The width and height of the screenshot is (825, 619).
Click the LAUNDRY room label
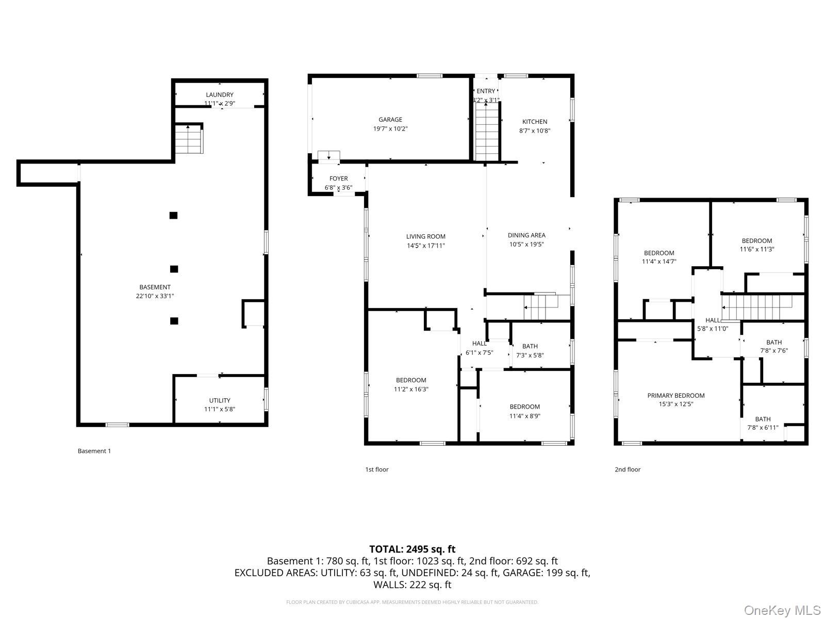tap(220, 95)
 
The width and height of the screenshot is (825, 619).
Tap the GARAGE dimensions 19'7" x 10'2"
tap(390, 129)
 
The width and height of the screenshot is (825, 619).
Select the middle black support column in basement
tap(174, 269)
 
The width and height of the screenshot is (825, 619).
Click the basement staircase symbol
tap(189, 139)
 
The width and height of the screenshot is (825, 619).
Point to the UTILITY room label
tap(220, 400)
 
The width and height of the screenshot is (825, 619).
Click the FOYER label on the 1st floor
tap(338, 178)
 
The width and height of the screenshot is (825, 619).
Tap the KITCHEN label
tap(535, 122)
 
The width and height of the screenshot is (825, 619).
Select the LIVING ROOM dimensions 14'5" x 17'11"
tap(425, 246)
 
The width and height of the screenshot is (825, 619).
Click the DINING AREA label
tap(526, 235)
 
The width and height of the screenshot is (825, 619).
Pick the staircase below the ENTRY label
tap(487, 132)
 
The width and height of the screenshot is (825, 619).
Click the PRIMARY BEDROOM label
tap(675, 396)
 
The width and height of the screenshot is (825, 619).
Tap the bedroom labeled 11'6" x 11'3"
tap(756, 245)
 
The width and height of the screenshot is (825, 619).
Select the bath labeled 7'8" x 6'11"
tap(763, 423)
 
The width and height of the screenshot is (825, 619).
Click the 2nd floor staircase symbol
tap(757, 307)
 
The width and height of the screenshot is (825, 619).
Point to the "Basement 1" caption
tap(94, 451)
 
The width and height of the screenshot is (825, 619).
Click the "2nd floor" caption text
tap(627, 469)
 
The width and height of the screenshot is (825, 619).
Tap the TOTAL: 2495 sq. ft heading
tap(412, 549)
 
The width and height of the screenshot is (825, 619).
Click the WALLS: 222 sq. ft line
tap(412, 584)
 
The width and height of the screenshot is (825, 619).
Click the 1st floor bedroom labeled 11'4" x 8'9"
tap(524, 411)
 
